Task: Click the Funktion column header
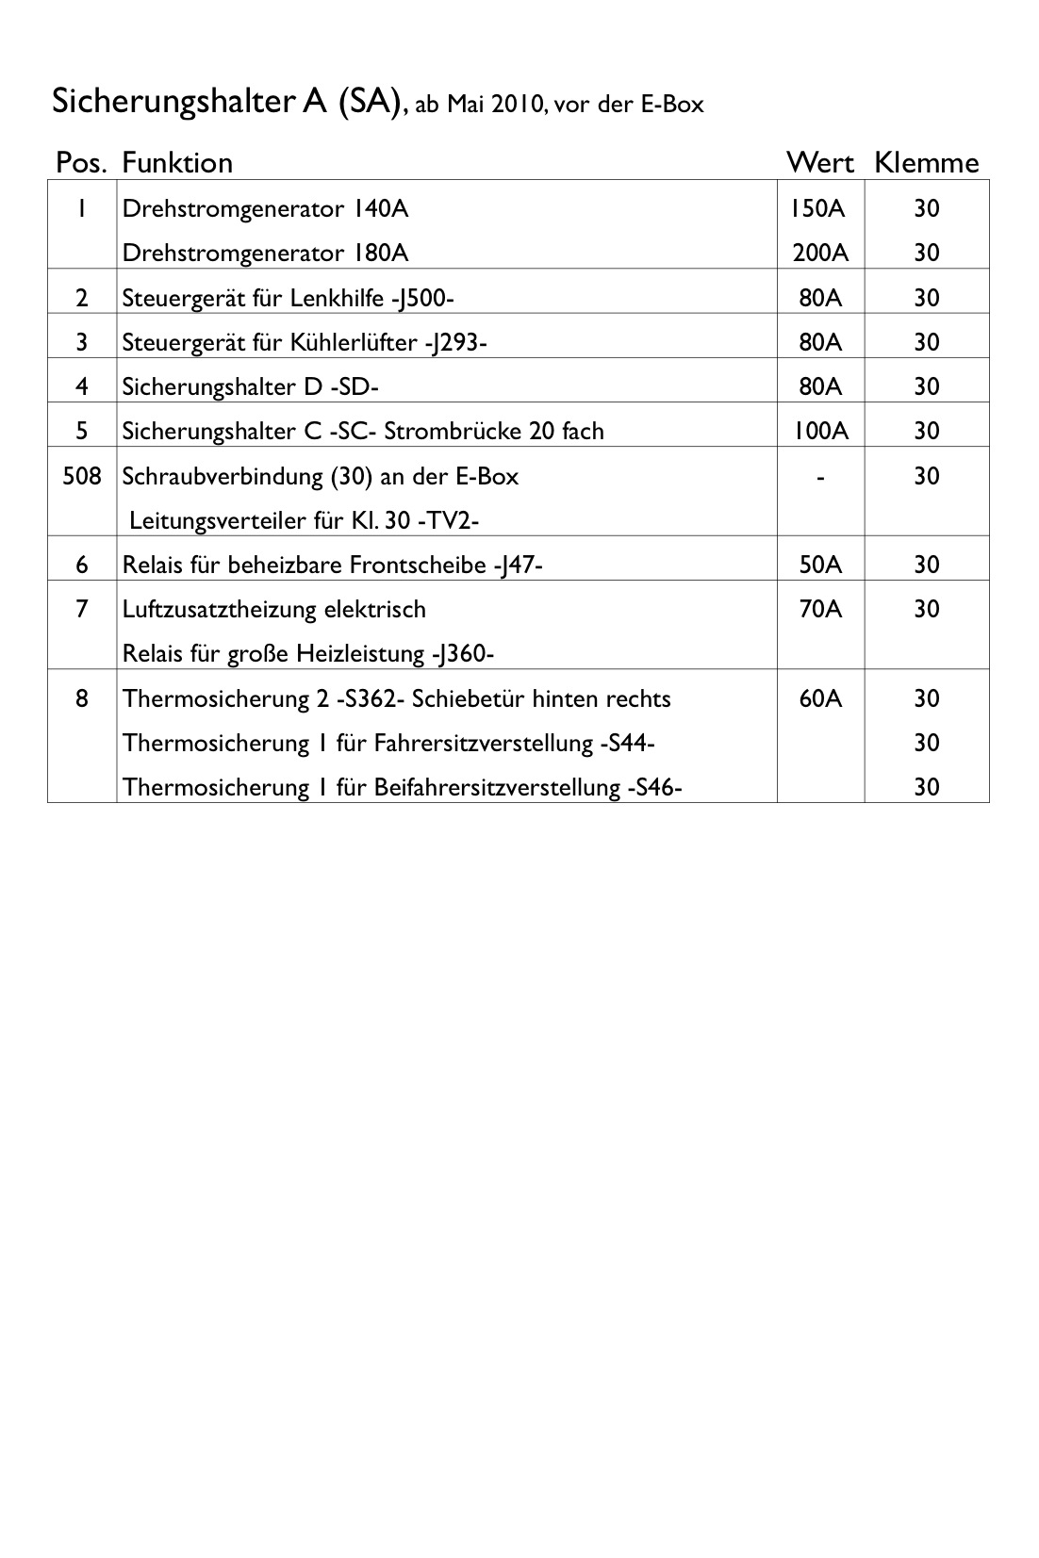pos(177,163)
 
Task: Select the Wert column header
pos(819,163)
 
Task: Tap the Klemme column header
pos(926,163)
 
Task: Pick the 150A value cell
pos(818,208)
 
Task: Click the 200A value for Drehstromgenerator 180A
pos(819,253)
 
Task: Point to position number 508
pos(81,476)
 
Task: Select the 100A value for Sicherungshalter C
pos(819,431)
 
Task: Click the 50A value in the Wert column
pos(819,565)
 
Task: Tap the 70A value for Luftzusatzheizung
pos(819,609)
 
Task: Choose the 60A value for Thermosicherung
pos(819,698)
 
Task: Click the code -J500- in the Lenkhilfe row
pos(422,298)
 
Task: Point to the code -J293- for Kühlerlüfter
pos(455,342)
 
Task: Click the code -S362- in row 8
pos(376,698)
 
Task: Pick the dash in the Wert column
pos(820,477)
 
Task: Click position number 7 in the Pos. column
pos(81,609)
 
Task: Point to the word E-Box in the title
pos(672,105)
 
